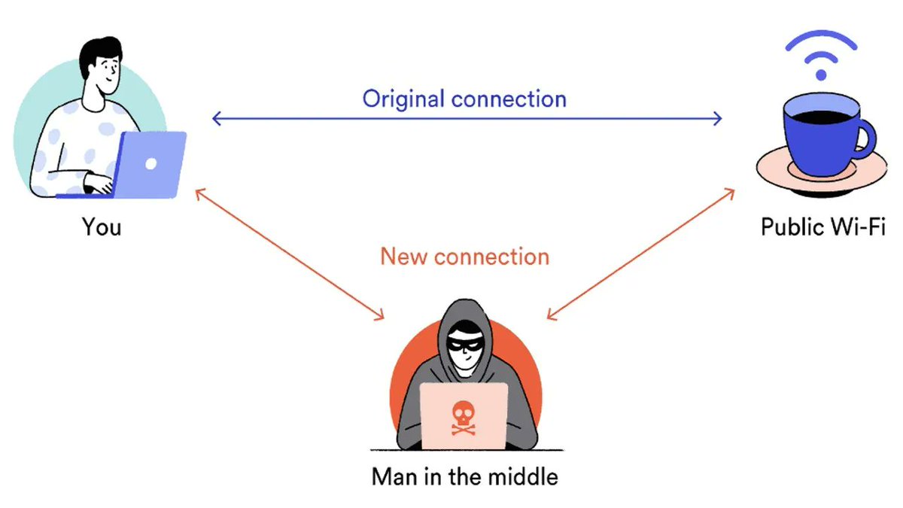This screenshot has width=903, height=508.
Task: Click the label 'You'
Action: [x=102, y=227]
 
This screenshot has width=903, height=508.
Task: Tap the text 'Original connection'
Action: [x=464, y=99]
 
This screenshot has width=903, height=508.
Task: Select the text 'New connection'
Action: [x=464, y=257]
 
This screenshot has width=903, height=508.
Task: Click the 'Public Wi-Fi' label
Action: [x=823, y=227]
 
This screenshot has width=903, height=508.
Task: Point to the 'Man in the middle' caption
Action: [x=464, y=476]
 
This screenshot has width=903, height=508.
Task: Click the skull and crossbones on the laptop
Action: [x=464, y=418]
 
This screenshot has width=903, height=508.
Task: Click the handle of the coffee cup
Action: [x=865, y=139]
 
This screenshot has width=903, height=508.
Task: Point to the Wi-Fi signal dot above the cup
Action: [x=821, y=75]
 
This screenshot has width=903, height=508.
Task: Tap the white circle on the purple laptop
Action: [x=150, y=163]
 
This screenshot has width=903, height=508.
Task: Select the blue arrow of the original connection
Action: [x=467, y=118]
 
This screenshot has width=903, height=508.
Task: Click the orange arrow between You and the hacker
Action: [x=290, y=254]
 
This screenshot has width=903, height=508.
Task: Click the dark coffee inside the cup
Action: [x=816, y=115]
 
